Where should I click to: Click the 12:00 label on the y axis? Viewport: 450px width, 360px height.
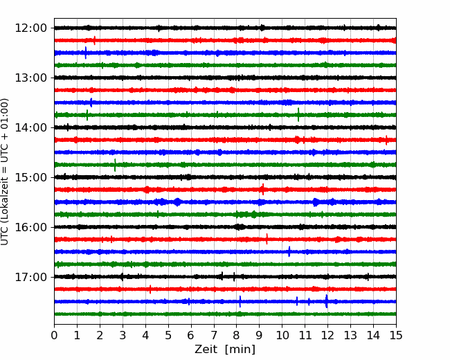[x=30, y=28]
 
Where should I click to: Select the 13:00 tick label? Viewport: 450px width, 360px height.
[x=30, y=78]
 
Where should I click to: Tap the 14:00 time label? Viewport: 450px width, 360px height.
[x=30, y=127]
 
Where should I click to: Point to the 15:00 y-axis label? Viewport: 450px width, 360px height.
[x=30, y=177]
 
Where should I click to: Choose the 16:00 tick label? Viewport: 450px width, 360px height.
[x=30, y=227]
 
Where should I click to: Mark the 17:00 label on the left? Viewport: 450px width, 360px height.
[x=30, y=277]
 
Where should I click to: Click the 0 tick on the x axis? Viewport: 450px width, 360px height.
[x=54, y=335]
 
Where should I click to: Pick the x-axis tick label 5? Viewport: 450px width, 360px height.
[x=168, y=335]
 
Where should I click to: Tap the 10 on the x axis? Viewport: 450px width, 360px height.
[x=282, y=335]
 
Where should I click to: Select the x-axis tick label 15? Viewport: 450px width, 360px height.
[x=396, y=335]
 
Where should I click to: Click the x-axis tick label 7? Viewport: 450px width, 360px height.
[x=214, y=335]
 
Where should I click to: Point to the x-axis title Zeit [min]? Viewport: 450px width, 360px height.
[x=225, y=350]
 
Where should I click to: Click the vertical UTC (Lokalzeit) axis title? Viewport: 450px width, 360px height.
[x=5, y=172]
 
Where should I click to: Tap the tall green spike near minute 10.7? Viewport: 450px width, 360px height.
[x=298, y=115]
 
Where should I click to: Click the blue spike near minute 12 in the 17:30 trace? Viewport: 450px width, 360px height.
[x=326, y=301]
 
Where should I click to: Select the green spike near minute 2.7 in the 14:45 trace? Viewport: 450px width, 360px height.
[x=115, y=165]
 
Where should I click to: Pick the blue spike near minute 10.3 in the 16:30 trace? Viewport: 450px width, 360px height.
[x=289, y=251]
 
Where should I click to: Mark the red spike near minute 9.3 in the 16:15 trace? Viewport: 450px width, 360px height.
[x=267, y=239]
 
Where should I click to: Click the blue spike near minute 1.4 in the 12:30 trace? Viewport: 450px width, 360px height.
[x=86, y=53]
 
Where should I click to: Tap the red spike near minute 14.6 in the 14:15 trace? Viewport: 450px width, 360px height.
[x=386, y=140]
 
